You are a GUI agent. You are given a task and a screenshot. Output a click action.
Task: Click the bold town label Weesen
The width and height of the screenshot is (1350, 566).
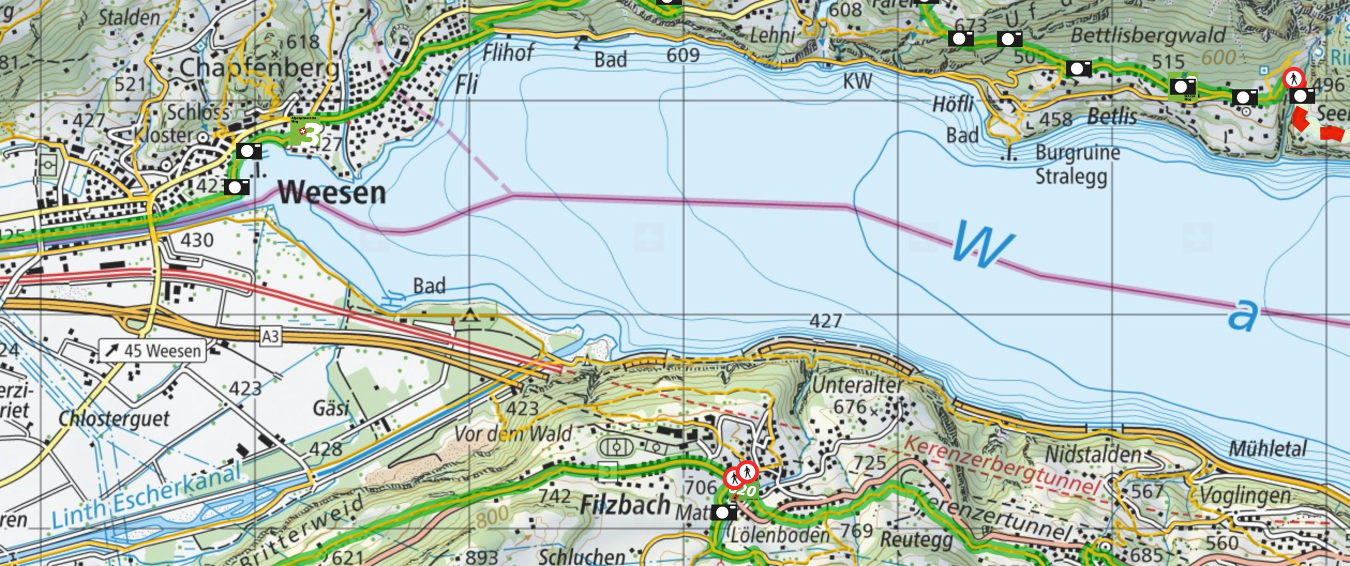pos(332,193)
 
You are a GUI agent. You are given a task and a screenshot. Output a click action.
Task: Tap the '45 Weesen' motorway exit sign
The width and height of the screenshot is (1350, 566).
pos(152,350)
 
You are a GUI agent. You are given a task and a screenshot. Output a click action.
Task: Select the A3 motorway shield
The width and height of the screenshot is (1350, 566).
pos(270,336)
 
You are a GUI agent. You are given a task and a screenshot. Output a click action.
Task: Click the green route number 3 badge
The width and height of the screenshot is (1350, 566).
pos(306,132)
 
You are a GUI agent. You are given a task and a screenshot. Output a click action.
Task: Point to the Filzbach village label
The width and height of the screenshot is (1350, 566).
pos(625,505)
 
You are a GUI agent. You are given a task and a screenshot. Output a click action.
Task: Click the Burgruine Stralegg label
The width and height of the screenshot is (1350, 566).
pos(1077,164)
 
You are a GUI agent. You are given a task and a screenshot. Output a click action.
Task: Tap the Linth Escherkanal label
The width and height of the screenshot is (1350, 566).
pos(147,495)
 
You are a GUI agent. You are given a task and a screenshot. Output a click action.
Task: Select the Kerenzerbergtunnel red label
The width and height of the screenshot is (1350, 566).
pos(1001,465)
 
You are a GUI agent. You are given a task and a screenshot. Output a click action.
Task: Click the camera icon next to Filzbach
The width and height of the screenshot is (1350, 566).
pos(724,512)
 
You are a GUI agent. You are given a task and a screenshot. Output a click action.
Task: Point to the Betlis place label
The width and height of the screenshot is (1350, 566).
pos(1111,116)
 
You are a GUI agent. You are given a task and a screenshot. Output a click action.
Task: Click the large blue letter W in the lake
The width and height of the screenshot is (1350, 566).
pos(982,244)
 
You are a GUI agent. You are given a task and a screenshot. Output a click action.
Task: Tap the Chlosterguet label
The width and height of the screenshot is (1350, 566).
pos(114,419)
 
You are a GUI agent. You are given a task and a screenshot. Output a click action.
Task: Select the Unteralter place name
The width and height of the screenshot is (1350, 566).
pos(857,385)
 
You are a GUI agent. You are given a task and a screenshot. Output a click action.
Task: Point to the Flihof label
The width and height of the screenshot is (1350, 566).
pos(507,53)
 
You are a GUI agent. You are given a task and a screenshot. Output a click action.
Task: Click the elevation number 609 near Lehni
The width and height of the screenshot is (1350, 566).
pos(683,54)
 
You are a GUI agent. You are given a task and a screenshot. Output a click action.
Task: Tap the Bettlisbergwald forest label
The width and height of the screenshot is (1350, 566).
pos(1147,36)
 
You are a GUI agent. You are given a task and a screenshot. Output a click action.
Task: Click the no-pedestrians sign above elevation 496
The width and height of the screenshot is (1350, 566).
pos(1293,79)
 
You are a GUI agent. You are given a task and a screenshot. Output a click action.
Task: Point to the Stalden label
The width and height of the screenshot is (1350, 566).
pos(129,17)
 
